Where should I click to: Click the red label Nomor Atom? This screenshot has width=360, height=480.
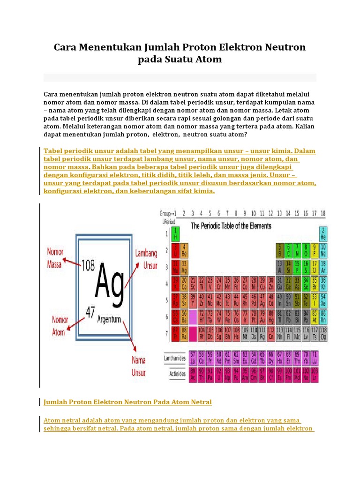coord(55,326)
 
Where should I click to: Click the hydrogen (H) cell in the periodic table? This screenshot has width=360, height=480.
coord(175,233)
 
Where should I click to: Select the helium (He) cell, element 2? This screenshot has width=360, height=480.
coord(322,233)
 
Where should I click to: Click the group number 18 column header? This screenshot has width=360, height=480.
coord(322,213)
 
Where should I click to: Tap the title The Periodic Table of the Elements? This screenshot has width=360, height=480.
coord(231,225)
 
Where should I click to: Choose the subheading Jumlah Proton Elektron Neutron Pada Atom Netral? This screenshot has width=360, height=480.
coord(127,402)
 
